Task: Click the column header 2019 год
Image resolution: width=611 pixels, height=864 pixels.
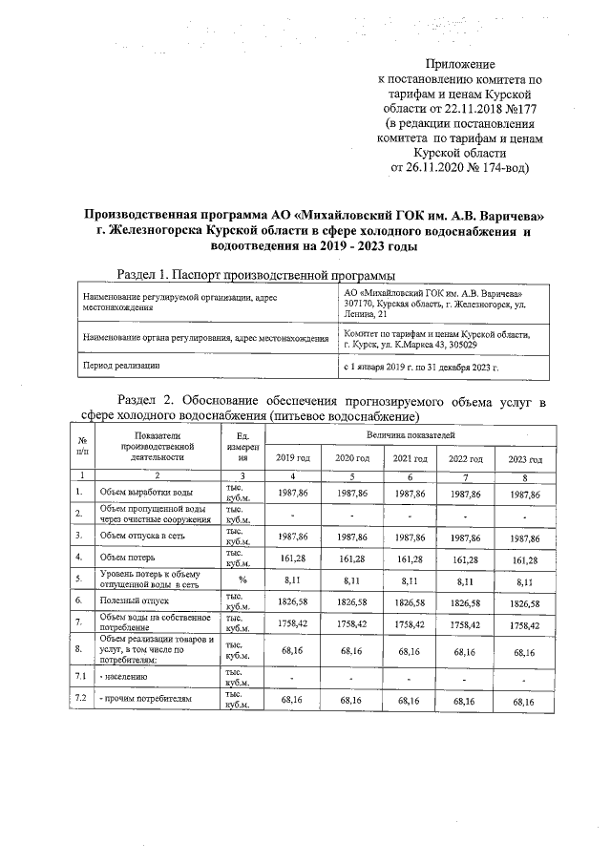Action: [293, 459]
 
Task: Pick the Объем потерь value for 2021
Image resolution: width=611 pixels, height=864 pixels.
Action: [409, 554]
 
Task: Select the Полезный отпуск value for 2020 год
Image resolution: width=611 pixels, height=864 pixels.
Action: [351, 604]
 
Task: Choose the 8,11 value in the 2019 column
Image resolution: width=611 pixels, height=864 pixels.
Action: [293, 580]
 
